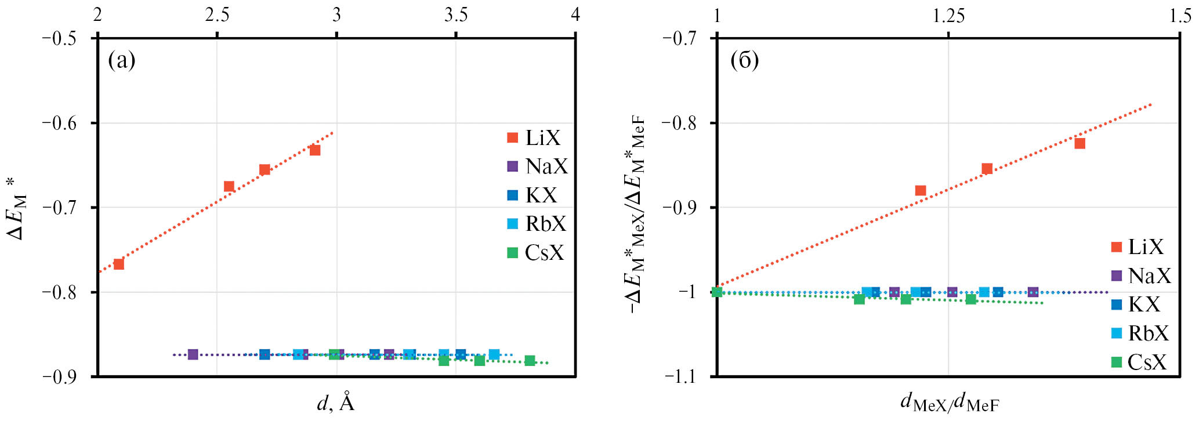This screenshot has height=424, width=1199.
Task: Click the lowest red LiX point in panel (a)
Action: coord(118,264)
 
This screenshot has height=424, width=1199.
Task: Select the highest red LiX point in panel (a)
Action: coord(315,150)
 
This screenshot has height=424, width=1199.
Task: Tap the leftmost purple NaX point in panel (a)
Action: coord(193,354)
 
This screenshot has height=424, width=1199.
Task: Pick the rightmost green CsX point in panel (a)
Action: coord(530,361)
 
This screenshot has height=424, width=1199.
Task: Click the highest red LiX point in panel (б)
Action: coord(1080,143)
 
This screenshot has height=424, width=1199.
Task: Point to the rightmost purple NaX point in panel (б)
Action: coord(1033,292)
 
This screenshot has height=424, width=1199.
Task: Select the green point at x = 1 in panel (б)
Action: coord(717,292)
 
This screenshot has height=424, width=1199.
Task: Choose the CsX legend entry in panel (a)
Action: coord(535,253)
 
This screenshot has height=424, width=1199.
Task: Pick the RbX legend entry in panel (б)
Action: coord(1139,334)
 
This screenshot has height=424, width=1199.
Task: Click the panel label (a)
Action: coord(122,60)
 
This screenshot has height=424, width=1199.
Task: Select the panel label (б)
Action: coord(744,60)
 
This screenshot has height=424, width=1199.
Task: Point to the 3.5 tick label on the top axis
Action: coord(456,15)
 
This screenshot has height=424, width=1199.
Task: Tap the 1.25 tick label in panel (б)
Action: coord(948,16)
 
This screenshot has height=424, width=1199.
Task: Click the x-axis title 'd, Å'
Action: coord(336,402)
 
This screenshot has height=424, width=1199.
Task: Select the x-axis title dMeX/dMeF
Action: coord(950,403)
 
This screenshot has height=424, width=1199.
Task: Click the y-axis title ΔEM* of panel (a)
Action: coord(17,209)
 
